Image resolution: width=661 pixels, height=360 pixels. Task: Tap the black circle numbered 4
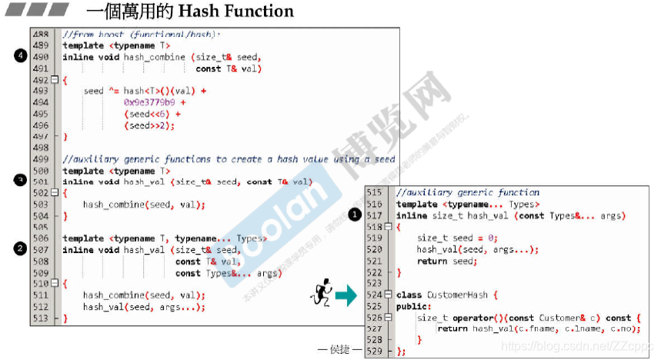pyautogui.click(x=21, y=55)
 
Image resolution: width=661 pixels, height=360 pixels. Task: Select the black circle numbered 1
pyautogui.click(x=355, y=215)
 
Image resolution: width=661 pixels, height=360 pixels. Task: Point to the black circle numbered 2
pyautogui.click(x=21, y=248)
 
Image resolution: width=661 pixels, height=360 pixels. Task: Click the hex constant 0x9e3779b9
pyautogui.click(x=149, y=102)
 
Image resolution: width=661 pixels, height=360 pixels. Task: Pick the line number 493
pyautogui.click(x=41, y=91)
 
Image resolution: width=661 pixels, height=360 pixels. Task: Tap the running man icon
pyautogui.click(x=322, y=292)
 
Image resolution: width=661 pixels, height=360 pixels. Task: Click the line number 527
pyautogui.click(x=375, y=328)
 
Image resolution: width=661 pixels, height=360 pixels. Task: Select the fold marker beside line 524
pyautogui.click(x=389, y=295)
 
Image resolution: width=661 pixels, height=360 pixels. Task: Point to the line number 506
pyautogui.click(x=41, y=238)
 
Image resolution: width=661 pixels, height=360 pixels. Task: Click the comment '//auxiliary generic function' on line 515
pyautogui.click(x=468, y=192)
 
